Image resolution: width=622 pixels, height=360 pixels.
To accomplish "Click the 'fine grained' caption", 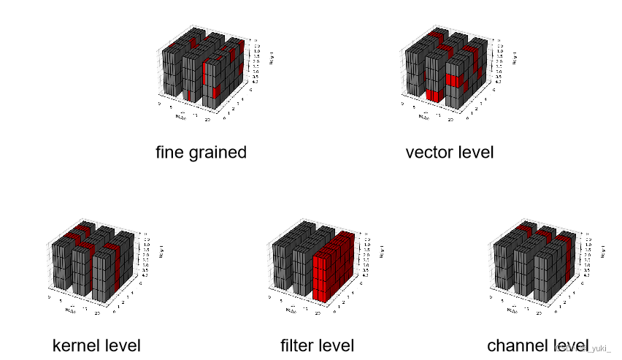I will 201,153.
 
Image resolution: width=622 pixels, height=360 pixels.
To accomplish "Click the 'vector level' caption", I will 449,153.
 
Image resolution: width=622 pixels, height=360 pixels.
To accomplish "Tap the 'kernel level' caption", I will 96,345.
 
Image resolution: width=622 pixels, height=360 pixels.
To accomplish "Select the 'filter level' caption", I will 317,345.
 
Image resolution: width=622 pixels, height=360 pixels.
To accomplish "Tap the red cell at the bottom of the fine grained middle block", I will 189,94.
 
